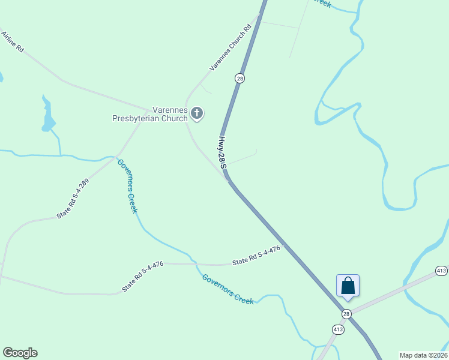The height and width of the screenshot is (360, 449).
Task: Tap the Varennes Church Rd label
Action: (x=230, y=48)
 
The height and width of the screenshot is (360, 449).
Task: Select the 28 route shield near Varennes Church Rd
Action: (x=240, y=79)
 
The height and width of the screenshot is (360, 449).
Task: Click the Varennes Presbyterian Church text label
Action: (x=150, y=114)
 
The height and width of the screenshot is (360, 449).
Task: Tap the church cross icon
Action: (x=197, y=113)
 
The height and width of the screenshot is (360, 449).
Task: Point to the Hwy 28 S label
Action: (x=223, y=152)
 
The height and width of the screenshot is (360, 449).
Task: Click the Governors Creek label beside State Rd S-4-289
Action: (x=128, y=186)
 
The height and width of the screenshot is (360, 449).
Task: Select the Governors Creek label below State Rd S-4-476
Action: (x=228, y=289)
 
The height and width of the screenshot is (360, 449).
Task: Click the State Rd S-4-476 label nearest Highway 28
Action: (x=256, y=256)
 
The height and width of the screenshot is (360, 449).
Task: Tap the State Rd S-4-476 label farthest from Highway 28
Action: (x=143, y=277)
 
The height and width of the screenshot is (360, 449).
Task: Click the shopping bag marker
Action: (x=348, y=286)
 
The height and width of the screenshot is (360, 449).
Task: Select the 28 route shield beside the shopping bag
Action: (x=346, y=314)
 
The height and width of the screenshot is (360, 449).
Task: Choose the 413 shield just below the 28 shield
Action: (x=337, y=329)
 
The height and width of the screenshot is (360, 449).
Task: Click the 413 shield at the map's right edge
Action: (x=441, y=270)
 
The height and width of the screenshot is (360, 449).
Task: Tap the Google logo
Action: (x=20, y=353)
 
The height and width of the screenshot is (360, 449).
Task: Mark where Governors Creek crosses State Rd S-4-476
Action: (x=193, y=263)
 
